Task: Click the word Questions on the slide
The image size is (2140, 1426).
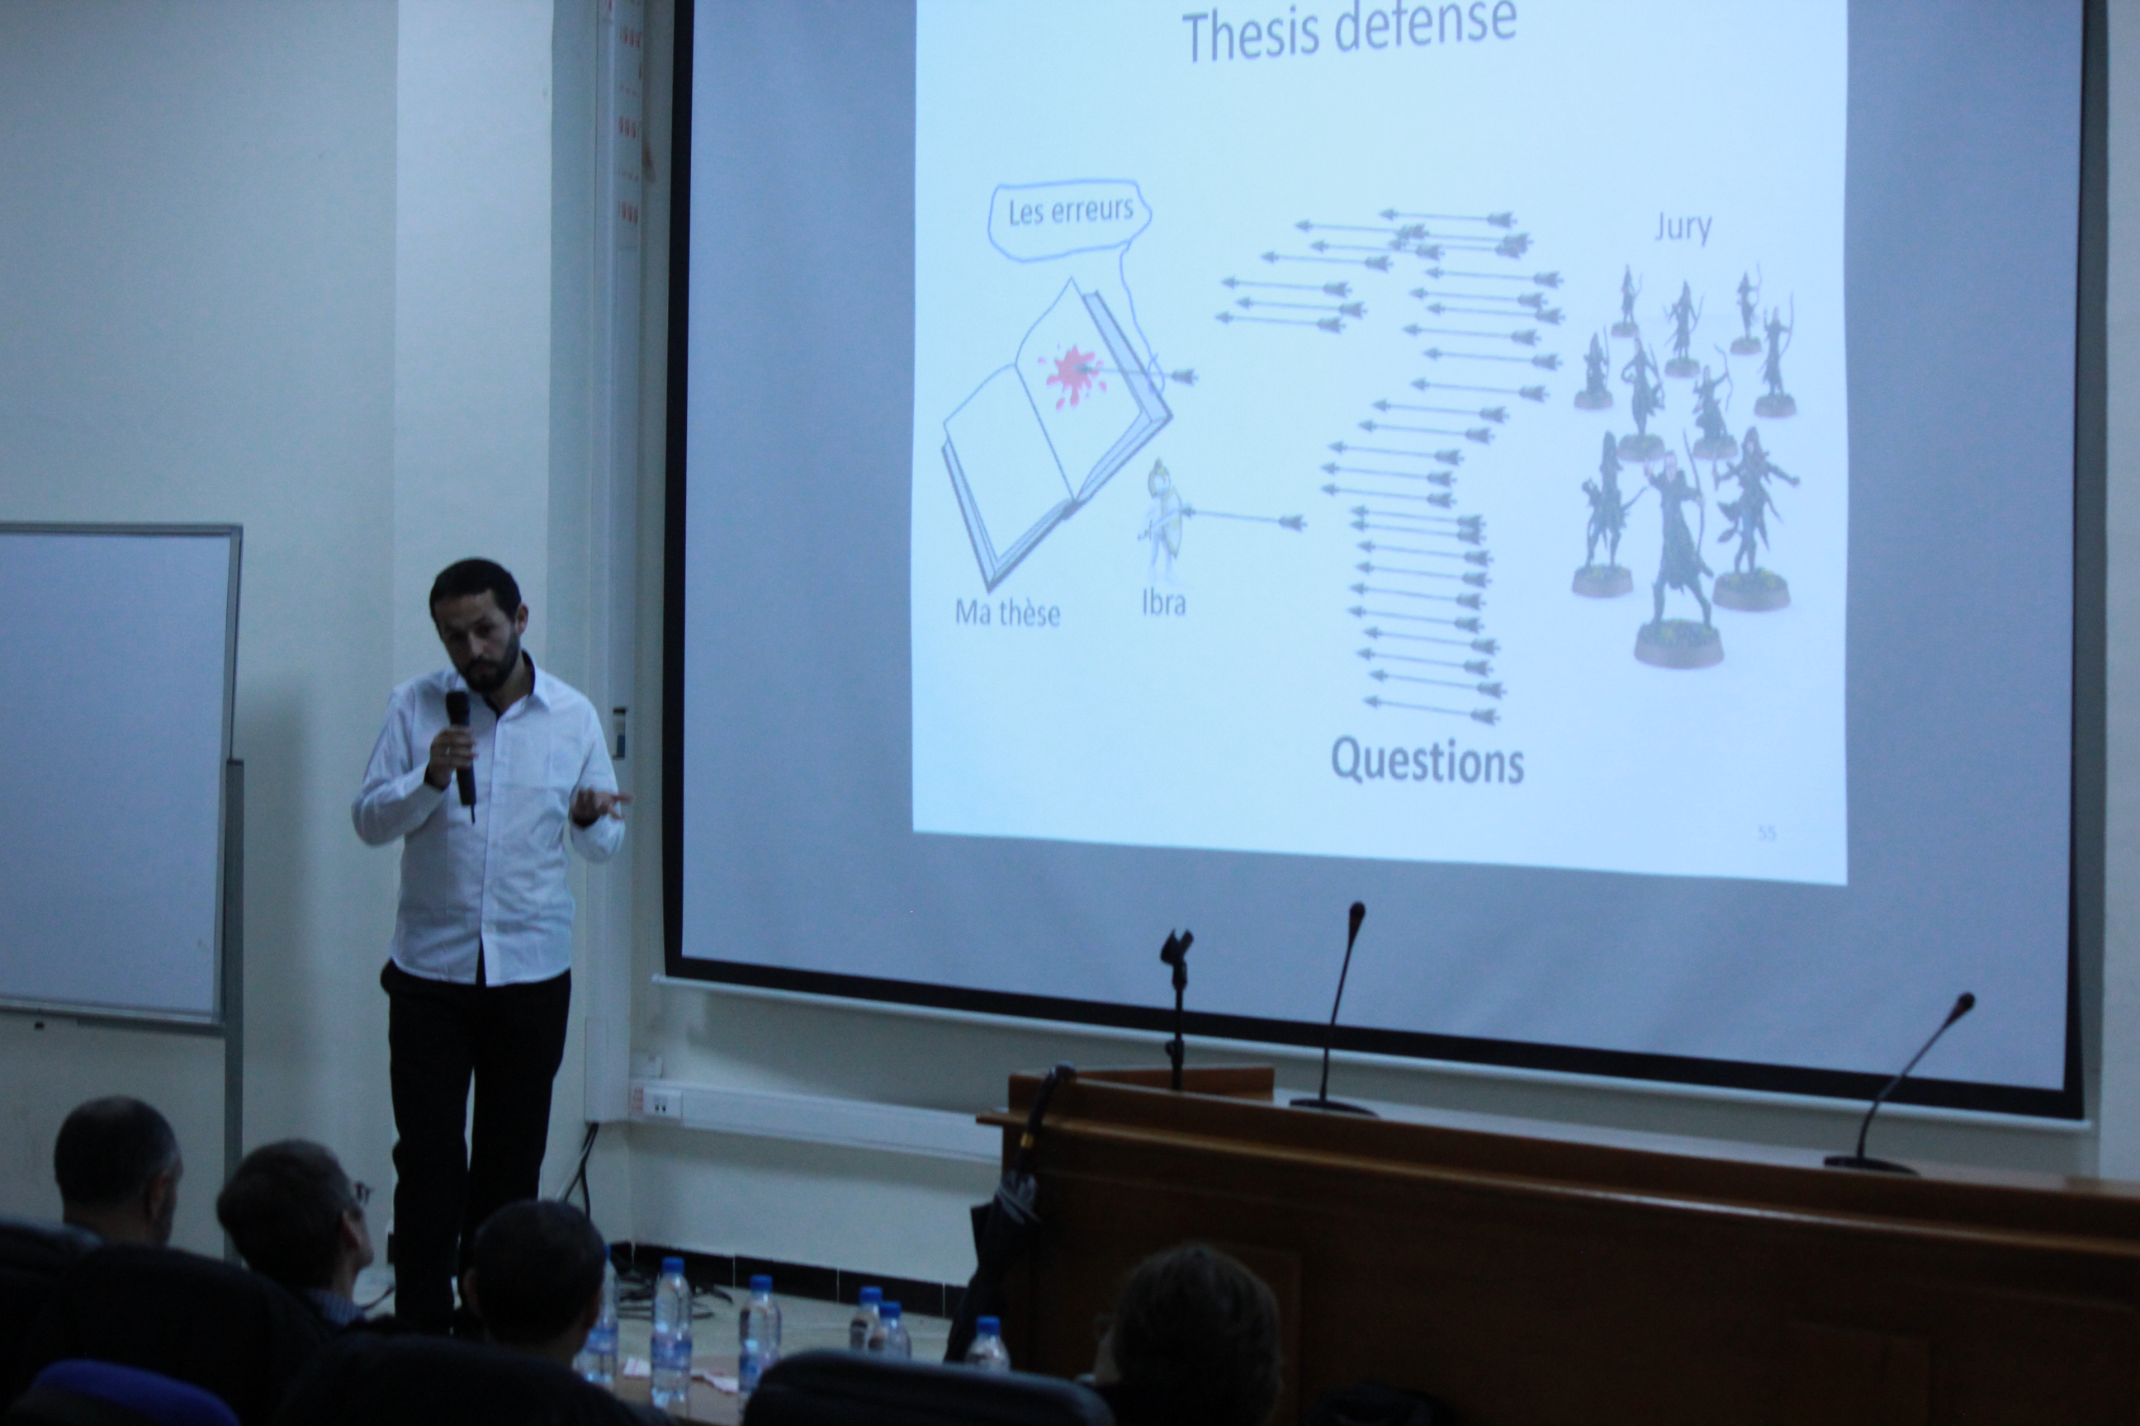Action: point(1427,760)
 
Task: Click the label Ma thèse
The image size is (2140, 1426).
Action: point(1007,613)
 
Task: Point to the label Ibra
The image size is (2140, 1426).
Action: point(1164,603)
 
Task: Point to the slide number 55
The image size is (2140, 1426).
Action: point(1766,832)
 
